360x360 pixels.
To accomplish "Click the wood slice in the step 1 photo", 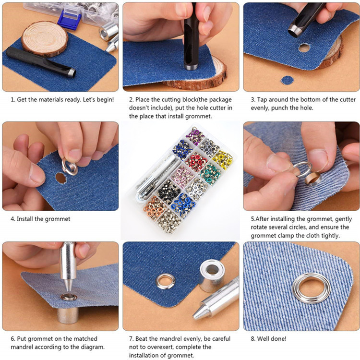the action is click(x=45, y=39).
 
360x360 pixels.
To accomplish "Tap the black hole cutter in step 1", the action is click(x=41, y=62).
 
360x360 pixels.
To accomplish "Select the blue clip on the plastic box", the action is click(x=69, y=20).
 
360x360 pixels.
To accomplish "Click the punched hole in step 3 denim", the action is click(x=304, y=48).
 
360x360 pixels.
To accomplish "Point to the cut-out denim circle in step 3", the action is click(x=287, y=80).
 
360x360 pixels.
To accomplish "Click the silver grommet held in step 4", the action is click(x=70, y=167).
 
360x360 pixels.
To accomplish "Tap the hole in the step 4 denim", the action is click(x=61, y=178).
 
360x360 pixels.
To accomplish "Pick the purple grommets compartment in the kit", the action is click(x=195, y=136).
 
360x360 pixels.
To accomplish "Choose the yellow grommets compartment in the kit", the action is click(x=222, y=159).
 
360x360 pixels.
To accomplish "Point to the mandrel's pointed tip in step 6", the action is click(x=68, y=291).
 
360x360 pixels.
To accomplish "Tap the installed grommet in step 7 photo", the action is click(x=165, y=281).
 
